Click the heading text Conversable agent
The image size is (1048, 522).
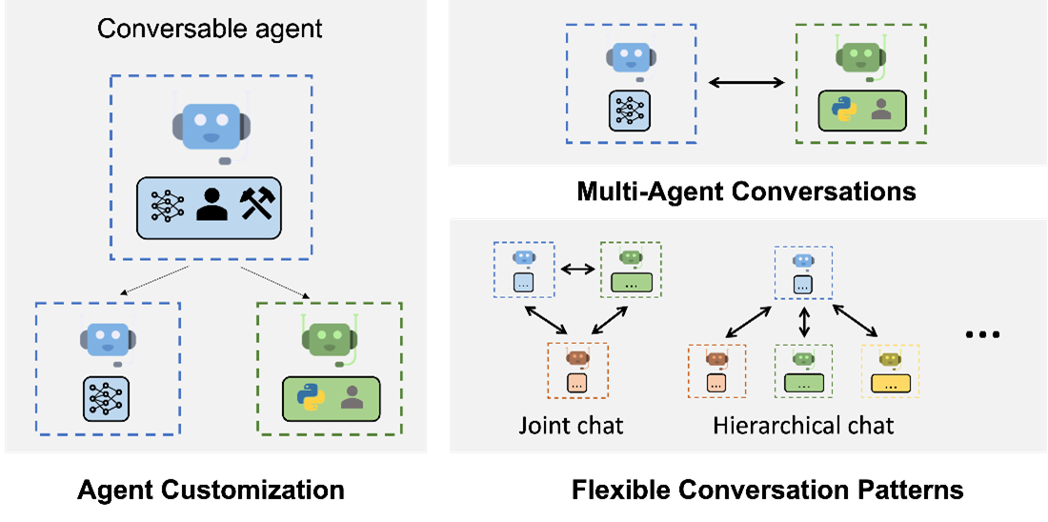(210, 29)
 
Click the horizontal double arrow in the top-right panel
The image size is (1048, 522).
(746, 83)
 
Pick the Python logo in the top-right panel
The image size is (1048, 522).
(842, 110)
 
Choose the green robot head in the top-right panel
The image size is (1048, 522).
(860, 58)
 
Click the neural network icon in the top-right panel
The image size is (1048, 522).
(630, 110)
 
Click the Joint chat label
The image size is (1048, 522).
(571, 425)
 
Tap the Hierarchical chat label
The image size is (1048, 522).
(803, 425)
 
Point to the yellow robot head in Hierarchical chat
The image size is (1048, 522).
(891, 358)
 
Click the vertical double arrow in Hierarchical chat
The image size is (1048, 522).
(804, 320)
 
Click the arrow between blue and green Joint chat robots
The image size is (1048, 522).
(576, 270)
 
